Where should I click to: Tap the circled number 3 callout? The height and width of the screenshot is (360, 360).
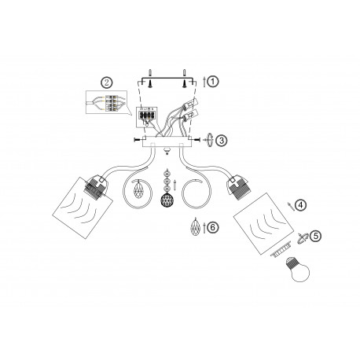222,140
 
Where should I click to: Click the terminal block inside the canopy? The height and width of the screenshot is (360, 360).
147,113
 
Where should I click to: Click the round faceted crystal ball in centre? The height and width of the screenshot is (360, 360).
167,200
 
